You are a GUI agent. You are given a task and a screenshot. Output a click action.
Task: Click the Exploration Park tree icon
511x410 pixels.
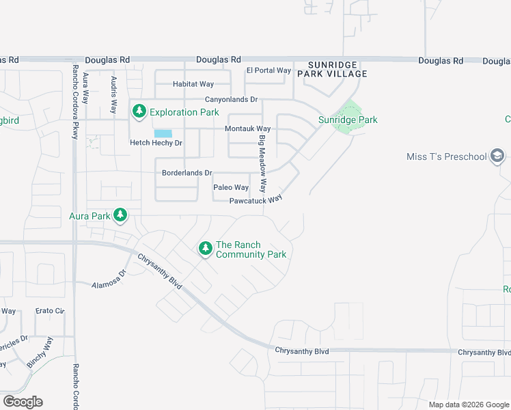coord(139,111)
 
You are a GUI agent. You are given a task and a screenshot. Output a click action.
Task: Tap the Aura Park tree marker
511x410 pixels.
coord(120,216)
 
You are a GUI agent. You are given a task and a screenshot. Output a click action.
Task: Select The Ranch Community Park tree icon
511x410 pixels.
coord(205,249)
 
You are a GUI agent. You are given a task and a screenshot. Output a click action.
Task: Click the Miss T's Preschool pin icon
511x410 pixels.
coord(497,157)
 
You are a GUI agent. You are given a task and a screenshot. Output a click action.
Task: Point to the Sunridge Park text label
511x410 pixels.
coord(348,120)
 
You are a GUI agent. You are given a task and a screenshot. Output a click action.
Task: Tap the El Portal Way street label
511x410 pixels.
coord(268,70)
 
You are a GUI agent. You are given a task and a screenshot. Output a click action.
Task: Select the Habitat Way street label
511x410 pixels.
coord(193,85)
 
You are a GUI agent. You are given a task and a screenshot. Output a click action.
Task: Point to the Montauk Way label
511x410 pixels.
coord(248,129)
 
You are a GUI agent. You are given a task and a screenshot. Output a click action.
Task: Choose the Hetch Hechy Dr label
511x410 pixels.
coord(156,143)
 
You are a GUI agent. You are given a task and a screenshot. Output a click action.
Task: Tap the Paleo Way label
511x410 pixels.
coord(231,187)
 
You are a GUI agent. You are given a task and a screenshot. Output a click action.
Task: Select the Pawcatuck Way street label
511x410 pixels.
coord(255,200)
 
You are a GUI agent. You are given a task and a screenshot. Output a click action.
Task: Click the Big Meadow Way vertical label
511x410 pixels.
coord(262,163)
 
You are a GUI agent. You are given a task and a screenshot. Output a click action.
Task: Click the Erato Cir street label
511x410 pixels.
coord(51,312)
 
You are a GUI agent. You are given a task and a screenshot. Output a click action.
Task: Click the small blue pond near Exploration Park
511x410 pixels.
coord(163,133)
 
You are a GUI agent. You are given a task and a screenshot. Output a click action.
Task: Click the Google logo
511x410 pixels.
coord(23,402)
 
